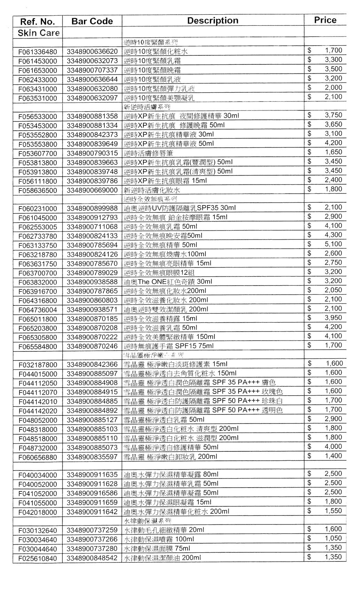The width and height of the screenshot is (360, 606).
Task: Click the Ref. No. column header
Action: point(38,22)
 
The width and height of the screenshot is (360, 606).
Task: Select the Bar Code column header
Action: point(92,21)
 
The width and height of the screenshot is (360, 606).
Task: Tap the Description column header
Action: point(213,21)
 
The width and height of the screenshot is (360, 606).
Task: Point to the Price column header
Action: point(325,20)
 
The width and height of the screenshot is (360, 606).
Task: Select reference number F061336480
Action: point(38,52)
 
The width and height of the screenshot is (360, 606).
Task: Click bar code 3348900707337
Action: point(92,70)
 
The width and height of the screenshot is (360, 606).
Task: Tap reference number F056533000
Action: point(38,116)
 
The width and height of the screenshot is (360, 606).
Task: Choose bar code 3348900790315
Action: point(92,153)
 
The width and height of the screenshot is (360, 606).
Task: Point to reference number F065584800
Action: point(38,347)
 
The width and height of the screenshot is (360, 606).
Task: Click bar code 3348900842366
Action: point(92,364)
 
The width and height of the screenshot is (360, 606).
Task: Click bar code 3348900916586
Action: point(92,494)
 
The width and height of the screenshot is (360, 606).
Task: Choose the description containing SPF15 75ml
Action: point(169,346)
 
